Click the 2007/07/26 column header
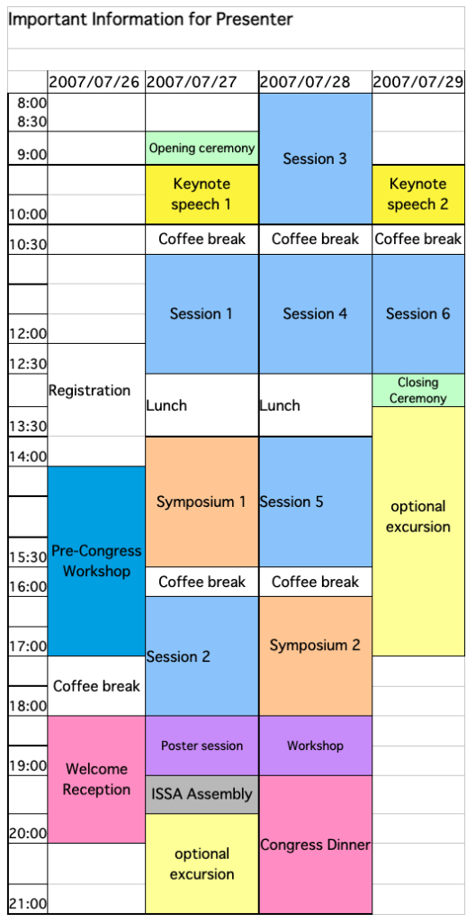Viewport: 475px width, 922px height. coord(96,82)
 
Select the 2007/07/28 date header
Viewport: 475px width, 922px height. coord(315,82)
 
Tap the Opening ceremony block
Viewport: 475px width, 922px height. coord(202,149)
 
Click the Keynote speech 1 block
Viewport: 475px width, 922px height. coord(202,194)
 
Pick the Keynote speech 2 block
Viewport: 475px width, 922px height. coord(418,194)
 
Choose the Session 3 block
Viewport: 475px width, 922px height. coord(315,158)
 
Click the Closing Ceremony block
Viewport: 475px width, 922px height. coord(418,391)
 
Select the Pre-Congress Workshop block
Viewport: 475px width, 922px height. coord(96,561)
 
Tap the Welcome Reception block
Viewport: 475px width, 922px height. coord(96,779)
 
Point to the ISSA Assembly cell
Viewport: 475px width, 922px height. coord(202,794)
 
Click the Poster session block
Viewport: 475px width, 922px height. coord(202,746)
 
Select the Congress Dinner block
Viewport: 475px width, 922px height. coord(315,845)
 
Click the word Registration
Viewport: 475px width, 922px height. coord(89,390)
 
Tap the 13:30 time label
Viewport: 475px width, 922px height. coord(28,426)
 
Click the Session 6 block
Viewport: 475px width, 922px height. coord(418,314)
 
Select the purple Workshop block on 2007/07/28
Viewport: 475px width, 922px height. coord(315,746)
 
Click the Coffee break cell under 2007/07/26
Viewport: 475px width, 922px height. coord(96,685)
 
